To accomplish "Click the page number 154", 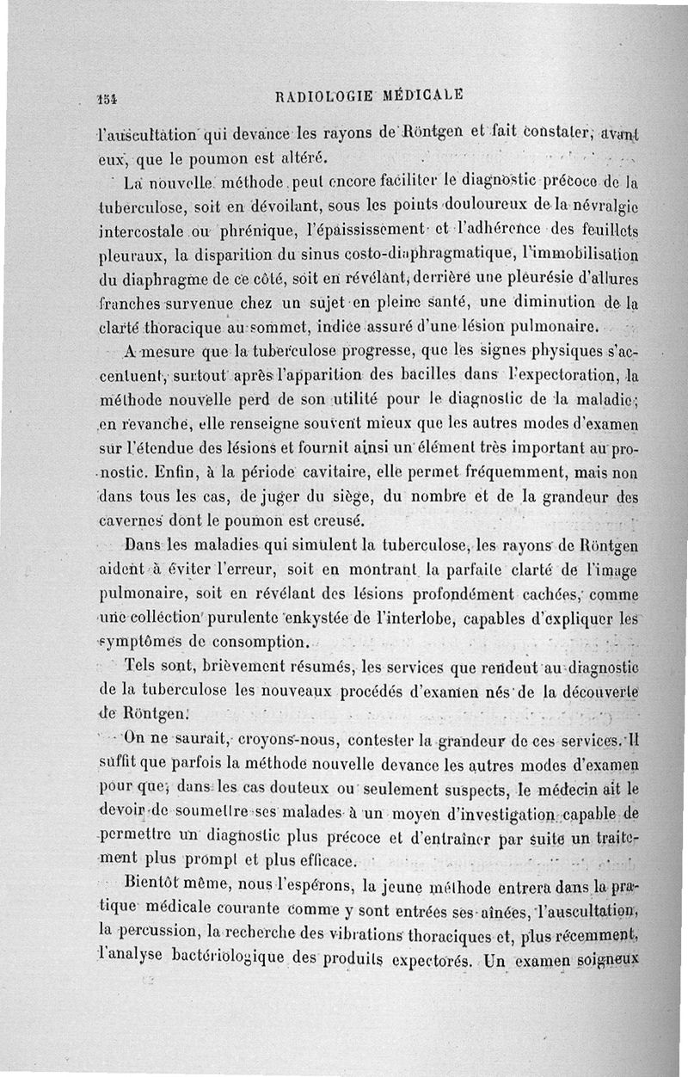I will click(x=108, y=97).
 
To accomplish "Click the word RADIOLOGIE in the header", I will click(x=319, y=94).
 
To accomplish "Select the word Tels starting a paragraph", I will click(x=140, y=665).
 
